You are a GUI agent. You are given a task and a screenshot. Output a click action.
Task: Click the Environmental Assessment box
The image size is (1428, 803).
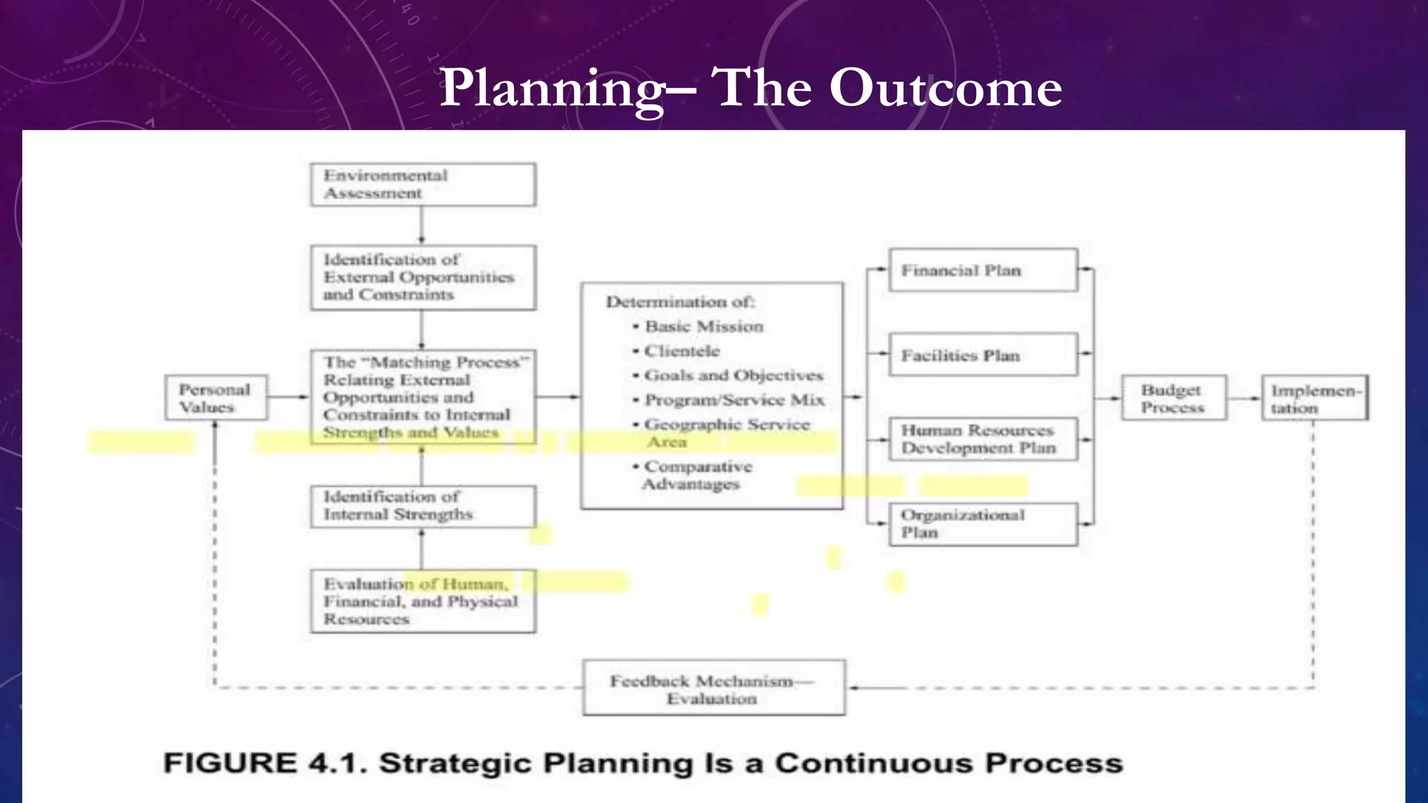423,185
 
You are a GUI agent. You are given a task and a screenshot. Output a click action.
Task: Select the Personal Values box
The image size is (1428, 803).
216,398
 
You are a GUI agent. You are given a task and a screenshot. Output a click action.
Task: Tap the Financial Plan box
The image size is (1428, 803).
982,270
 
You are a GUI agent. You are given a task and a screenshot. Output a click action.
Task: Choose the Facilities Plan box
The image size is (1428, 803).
982,355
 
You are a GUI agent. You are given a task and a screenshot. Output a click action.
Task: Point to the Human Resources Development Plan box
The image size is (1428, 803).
982,439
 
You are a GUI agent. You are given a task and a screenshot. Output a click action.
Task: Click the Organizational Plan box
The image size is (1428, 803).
982,524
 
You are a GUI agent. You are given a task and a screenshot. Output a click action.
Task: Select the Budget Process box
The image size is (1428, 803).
1173,398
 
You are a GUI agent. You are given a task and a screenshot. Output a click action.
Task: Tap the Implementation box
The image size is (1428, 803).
1314,399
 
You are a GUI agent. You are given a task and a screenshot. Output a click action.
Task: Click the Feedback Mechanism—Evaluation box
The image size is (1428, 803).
713,689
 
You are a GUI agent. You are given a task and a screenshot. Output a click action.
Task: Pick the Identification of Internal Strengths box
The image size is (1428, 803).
423,506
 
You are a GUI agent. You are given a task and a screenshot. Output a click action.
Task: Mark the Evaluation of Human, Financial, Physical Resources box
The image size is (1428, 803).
423,602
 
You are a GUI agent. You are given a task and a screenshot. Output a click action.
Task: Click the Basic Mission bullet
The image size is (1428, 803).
704,327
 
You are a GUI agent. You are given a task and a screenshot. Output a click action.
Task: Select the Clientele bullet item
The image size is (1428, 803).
681,351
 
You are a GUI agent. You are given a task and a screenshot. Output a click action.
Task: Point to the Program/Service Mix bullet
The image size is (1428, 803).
734,400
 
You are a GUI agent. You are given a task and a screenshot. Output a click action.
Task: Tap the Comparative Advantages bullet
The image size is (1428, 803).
697,475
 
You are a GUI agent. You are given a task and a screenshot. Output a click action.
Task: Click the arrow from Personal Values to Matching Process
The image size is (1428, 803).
288,397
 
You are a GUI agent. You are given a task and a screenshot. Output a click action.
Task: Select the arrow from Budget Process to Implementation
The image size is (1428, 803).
1244,399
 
